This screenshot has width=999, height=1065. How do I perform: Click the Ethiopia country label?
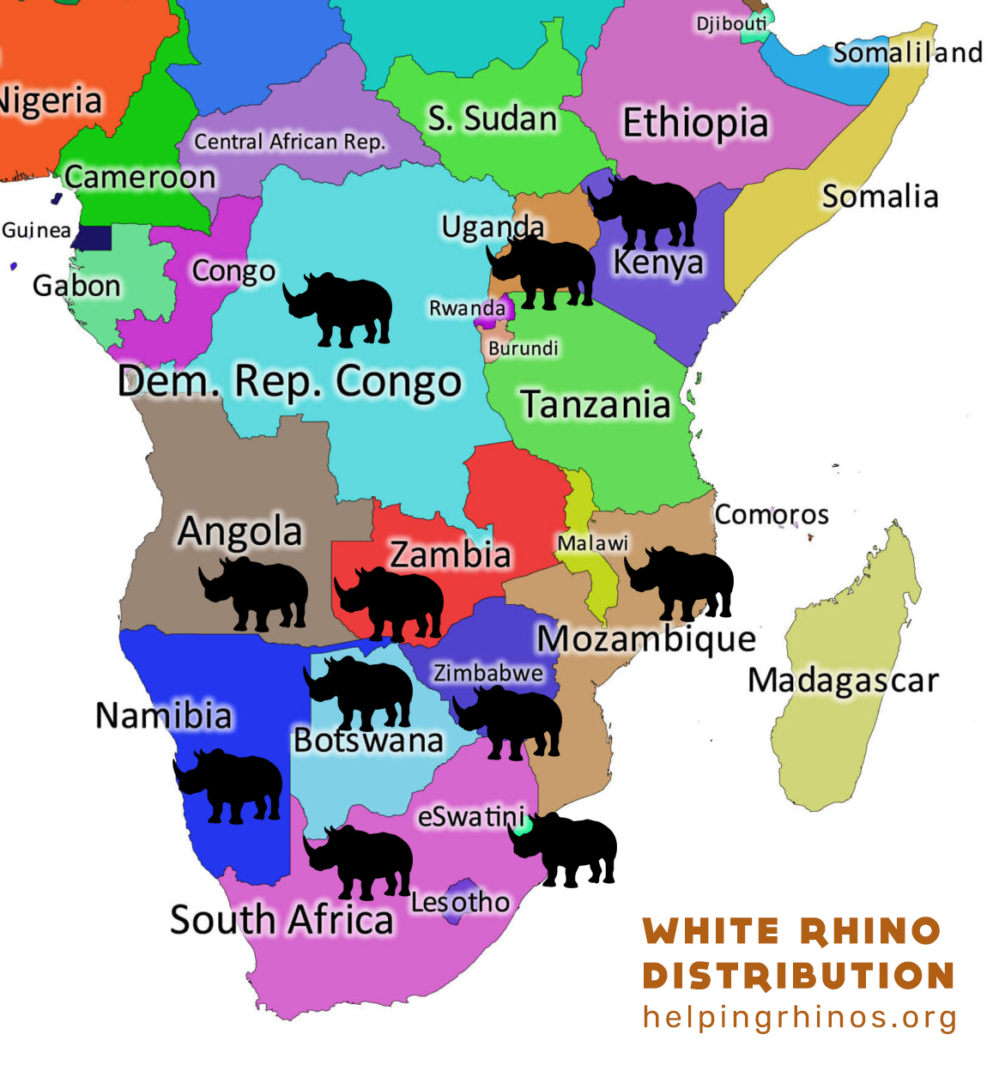[695, 123]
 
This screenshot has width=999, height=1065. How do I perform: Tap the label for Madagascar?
[843, 681]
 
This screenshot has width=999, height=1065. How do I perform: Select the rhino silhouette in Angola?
[254, 594]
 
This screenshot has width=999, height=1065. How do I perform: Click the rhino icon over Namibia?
[228, 785]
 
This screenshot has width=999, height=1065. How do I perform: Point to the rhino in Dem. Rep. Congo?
[339, 309]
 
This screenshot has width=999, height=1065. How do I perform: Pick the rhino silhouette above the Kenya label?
[644, 211]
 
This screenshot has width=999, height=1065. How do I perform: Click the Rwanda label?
[467, 308]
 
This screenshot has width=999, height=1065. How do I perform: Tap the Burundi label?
[523, 348]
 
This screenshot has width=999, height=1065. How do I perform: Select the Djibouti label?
[731, 23]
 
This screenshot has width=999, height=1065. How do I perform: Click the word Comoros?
[772, 515]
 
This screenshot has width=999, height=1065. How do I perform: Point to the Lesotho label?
[460, 902]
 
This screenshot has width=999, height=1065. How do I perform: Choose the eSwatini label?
[471, 816]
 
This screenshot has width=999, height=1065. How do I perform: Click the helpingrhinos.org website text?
[800, 1018]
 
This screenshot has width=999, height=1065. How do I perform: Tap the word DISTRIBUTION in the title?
[798, 976]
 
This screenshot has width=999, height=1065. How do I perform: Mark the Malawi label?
[592, 543]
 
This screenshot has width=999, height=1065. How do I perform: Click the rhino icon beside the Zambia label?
[390, 603]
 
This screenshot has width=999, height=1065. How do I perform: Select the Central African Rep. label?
[289, 142]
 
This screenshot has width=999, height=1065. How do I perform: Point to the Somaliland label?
[907, 53]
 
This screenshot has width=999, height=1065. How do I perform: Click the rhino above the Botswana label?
[359, 692]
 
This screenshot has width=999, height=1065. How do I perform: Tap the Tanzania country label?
[595, 405]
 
